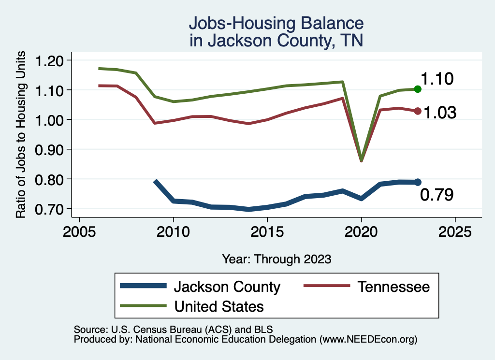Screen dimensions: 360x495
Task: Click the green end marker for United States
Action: (x=418, y=89)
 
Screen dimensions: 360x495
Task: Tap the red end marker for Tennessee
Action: (x=418, y=111)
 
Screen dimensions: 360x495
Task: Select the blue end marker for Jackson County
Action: (x=418, y=182)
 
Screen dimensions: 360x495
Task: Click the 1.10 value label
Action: (x=437, y=79)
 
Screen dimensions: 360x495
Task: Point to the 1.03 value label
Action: (x=440, y=113)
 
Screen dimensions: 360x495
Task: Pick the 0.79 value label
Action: (x=437, y=195)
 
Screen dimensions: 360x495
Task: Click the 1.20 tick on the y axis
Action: (x=50, y=60)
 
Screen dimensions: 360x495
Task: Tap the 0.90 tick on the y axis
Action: (x=50, y=149)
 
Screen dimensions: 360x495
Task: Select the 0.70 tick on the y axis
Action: (x=50, y=209)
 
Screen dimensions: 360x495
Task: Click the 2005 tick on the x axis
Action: (x=79, y=232)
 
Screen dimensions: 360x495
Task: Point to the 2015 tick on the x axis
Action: (x=267, y=232)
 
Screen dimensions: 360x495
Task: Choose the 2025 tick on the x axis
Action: (x=455, y=232)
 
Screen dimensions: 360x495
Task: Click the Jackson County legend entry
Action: (x=227, y=287)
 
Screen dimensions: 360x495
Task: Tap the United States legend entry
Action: (x=219, y=306)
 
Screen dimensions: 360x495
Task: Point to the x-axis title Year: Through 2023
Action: (x=277, y=259)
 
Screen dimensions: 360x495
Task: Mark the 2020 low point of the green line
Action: (x=361, y=160)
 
